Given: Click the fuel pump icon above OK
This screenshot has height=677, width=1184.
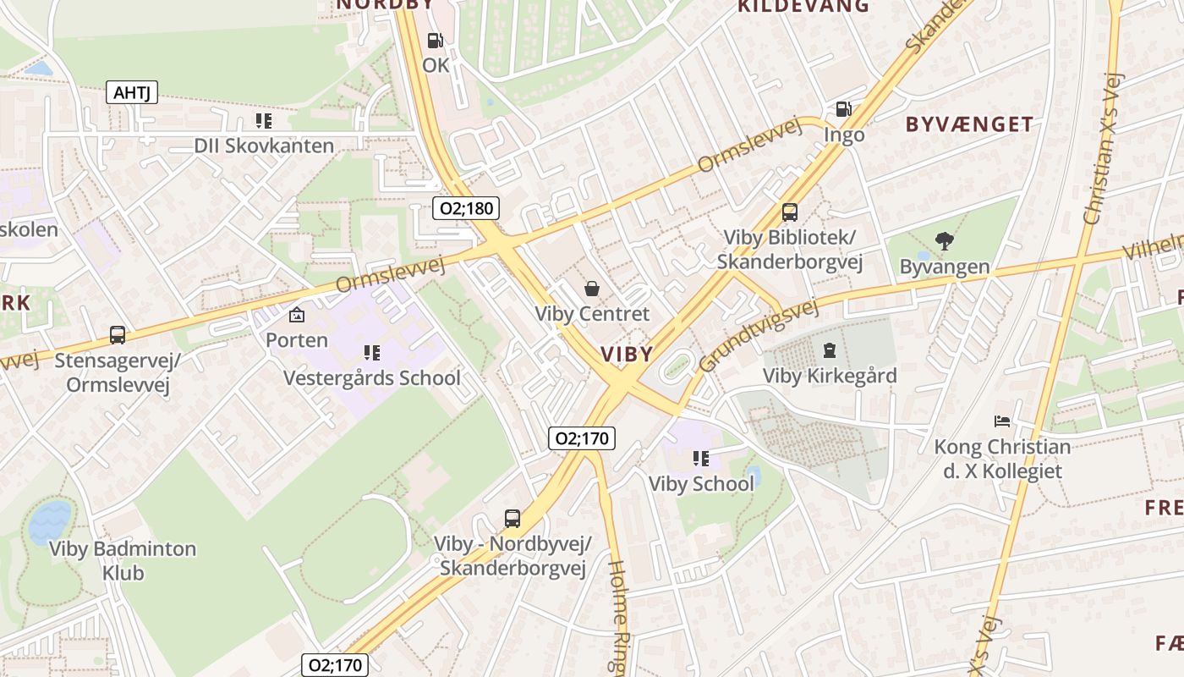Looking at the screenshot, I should pos(435,40).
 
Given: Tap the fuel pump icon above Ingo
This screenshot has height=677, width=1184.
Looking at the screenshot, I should pos(843,109).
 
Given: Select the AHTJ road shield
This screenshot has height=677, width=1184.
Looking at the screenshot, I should pos(132,92).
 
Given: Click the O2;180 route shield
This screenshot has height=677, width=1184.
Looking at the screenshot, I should pos(465,207).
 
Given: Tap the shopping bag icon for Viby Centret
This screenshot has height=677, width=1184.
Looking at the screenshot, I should pos(592,289).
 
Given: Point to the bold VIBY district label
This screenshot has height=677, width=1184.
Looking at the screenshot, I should pos(627,354).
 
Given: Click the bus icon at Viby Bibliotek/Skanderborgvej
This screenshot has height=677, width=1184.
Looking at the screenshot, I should pos(789,212).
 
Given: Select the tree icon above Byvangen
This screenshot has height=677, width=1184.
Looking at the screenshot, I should pos(944,241).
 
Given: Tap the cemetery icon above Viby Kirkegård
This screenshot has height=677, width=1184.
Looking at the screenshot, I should pos(830,350).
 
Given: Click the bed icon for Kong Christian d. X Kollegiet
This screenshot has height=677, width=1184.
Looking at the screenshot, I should pos(1002,421).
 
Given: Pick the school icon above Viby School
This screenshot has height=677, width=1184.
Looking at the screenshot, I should pos(700,459).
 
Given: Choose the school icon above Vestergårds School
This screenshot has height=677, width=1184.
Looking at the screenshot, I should pos(371,352).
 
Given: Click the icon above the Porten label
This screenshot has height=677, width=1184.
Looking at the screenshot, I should pos(297,315).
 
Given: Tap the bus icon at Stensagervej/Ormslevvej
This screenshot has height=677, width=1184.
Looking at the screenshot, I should pos(118,335).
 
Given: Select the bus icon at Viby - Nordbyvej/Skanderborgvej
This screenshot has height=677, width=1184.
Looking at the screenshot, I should pos(513,518).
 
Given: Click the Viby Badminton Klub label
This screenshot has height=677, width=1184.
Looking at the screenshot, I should pos(123,560).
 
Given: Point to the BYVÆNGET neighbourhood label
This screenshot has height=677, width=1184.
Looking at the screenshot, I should pos(969,124).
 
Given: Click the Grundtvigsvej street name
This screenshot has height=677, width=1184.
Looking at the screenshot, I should pos(759,336).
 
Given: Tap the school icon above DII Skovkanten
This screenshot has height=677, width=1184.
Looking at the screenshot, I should pos(264,121).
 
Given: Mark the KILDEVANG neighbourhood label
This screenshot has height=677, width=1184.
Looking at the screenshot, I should pos(803,7).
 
